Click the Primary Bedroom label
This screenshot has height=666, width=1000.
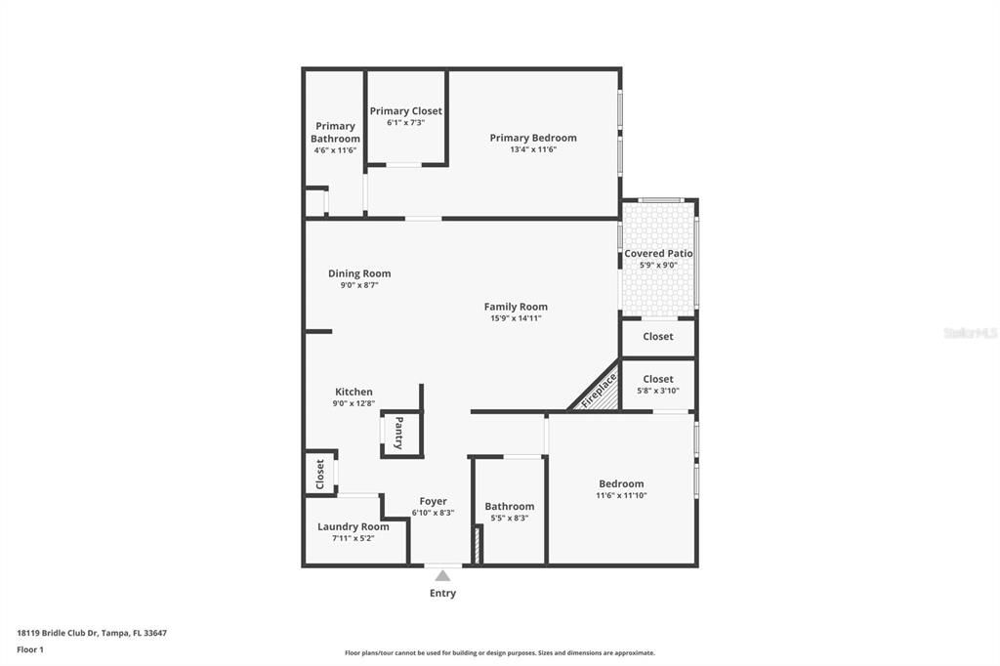click(x=532, y=138)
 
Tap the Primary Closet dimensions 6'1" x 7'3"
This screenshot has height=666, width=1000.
click(x=405, y=123)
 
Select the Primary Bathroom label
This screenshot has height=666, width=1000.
click(x=335, y=132)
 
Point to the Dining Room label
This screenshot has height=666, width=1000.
click(x=359, y=273)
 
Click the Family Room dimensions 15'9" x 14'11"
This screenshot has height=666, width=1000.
click(x=516, y=318)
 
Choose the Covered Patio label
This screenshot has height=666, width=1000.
click(x=658, y=253)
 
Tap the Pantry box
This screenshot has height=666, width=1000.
click(x=400, y=434)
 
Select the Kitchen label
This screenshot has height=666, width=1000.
click(x=354, y=392)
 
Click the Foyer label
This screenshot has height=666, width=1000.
click(x=433, y=501)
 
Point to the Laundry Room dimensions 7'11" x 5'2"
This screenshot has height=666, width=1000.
click(x=353, y=538)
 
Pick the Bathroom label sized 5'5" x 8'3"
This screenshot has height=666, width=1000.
click(x=509, y=506)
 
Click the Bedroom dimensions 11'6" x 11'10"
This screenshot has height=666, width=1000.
click(x=621, y=495)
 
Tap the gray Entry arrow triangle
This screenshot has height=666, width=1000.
click(x=442, y=576)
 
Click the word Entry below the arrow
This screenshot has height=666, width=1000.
click(x=442, y=593)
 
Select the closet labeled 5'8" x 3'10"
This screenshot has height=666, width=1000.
click(x=657, y=384)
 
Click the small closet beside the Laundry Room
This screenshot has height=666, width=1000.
click(x=319, y=474)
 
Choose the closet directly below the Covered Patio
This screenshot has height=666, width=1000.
click(x=657, y=337)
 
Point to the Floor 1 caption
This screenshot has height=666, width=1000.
click(x=30, y=649)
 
